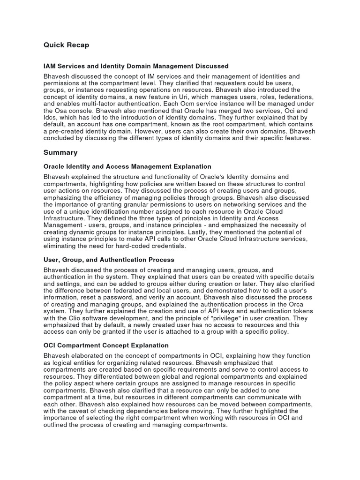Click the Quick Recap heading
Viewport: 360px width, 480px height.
(66, 45)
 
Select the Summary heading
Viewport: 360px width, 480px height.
(60, 152)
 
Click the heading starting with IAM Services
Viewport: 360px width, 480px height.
(136, 66)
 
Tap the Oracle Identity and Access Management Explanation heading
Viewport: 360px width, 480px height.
(127, 166)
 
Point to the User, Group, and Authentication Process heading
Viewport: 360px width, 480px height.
(109, 260)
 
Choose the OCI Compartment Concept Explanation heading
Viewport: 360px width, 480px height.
(106, 345)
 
